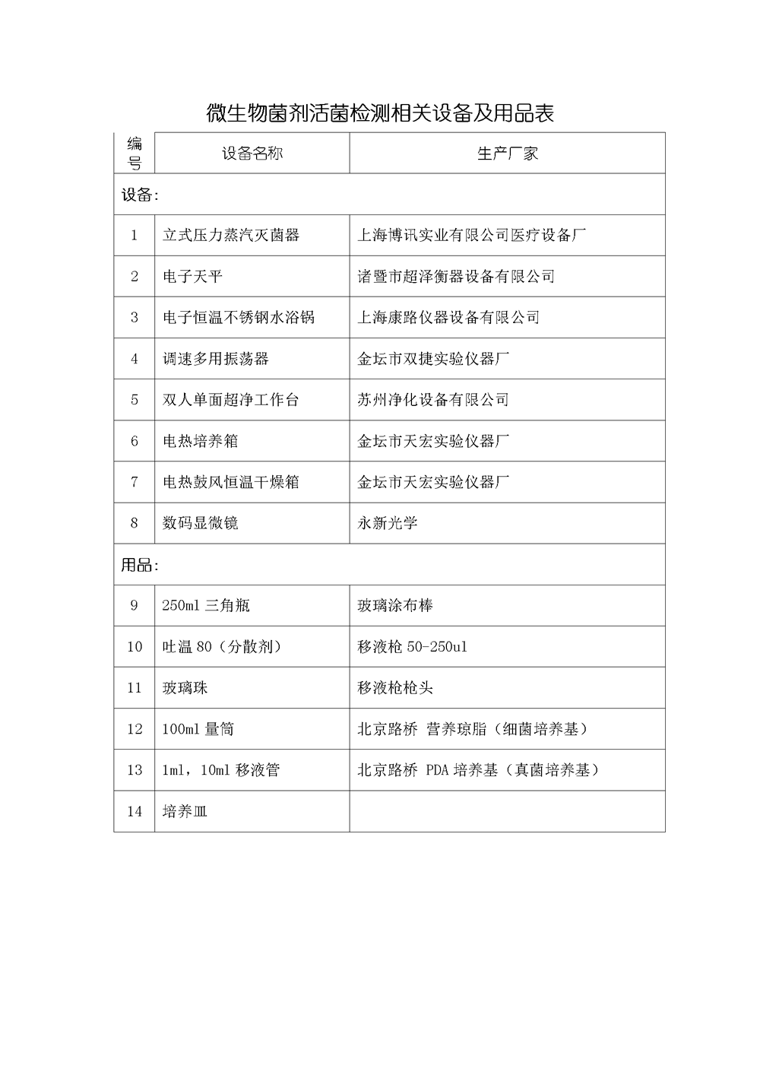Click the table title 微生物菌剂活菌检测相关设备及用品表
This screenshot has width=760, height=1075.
[380, 113]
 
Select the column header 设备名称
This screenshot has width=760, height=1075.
[252, 154]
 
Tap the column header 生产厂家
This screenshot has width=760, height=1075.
[507, 154]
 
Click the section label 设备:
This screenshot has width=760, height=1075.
[140, 195]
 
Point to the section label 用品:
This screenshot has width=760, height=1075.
[140, 565]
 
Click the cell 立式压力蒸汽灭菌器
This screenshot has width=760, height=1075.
[231, 236]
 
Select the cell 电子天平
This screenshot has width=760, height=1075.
[192, 277]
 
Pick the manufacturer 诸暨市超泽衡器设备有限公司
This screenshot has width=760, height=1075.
[456, 277]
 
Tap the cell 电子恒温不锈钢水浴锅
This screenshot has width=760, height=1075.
[239, 318]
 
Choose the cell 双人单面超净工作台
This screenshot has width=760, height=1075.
[231, 400]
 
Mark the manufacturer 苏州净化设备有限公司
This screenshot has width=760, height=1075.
[433, 400]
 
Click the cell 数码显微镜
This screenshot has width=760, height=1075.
[200, 523]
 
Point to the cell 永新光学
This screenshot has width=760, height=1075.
[388, 523]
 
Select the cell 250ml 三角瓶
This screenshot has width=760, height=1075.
[206, 606]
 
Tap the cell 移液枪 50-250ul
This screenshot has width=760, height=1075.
[413, 647]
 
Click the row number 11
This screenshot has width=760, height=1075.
[135, 688]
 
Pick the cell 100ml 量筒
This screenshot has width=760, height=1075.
[198, 729]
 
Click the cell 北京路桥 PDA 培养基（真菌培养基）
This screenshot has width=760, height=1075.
[479, 770]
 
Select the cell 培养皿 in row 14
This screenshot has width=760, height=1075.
[185, 811]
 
